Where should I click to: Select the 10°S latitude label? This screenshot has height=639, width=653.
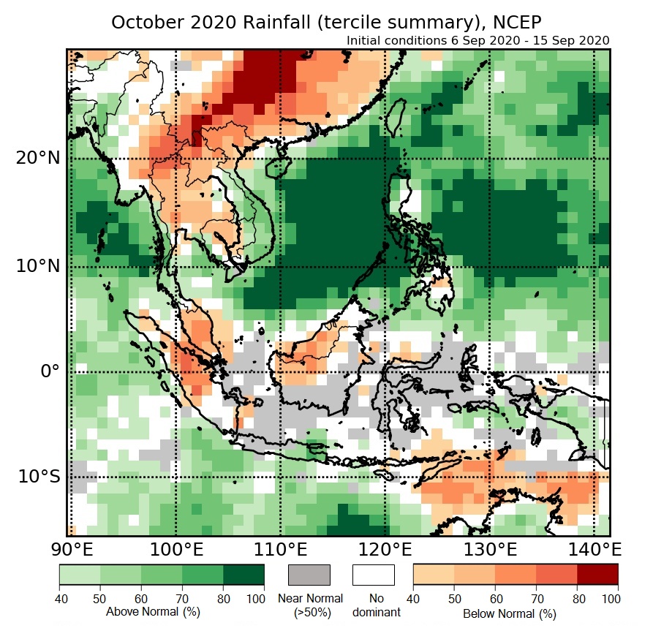(39, 477)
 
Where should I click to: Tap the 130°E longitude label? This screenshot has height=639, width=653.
(488, 548)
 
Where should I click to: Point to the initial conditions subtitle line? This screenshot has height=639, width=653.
(478, 40)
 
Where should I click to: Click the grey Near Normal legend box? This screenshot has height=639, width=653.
(310, 575)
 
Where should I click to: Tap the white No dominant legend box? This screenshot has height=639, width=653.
(374, 575)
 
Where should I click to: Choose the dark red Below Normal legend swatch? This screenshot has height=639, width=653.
(597, 575)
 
